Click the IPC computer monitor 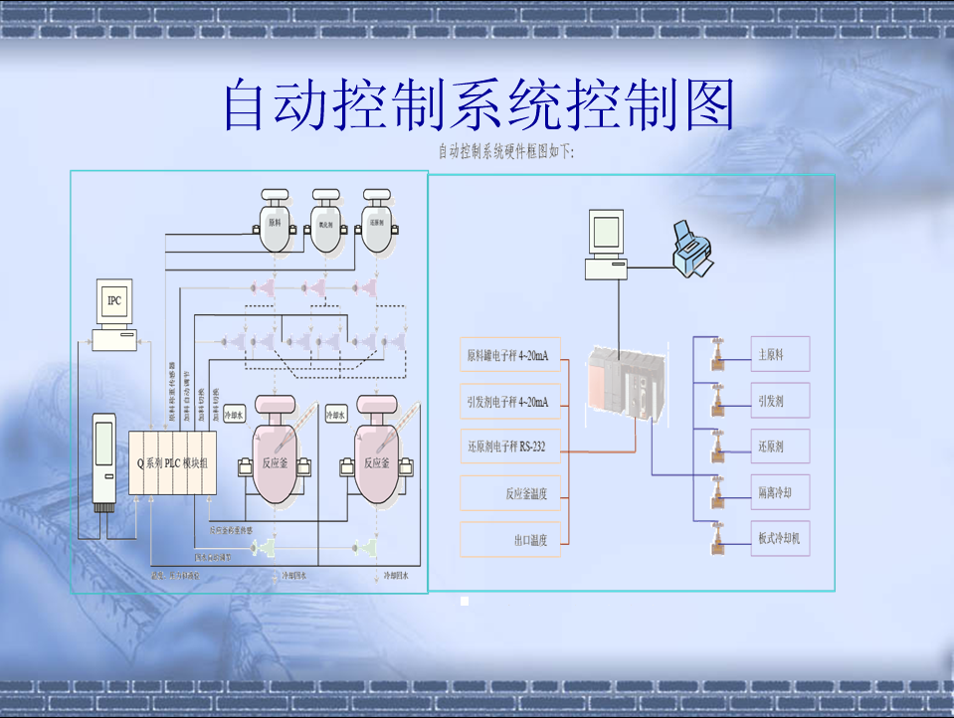pyautogui.click(x=114, y=305)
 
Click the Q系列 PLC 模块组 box pyautogui.click(x=172, y=462)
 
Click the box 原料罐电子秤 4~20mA pyautogui.click(x=509, y=354)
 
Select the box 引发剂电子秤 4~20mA pyautogui.click(x=509, y=401)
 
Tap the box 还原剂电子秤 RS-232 pyautogui.click(x=509, y=447)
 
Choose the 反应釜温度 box pyautogui.click(x=509, y=492)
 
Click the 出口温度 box pyautogui.click(x=509, y=539)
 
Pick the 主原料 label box pyautogui.click(x=780, y=354)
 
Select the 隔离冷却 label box pyautogui.click(x=780, y=492)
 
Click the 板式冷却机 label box pyautogui.click(x=780, y=538)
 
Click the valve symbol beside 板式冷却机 pyautogui.click(x=716, y=540)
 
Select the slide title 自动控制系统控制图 pyautogui.click(x=477, y=104)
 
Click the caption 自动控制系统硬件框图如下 pyautogui.click(x=506, y=152)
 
